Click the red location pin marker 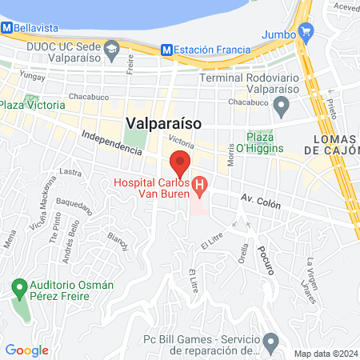180,162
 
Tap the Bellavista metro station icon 7,27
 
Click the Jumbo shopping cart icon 305,33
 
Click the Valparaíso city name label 162,123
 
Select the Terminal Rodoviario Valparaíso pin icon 281,106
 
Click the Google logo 26,350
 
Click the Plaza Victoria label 32,106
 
